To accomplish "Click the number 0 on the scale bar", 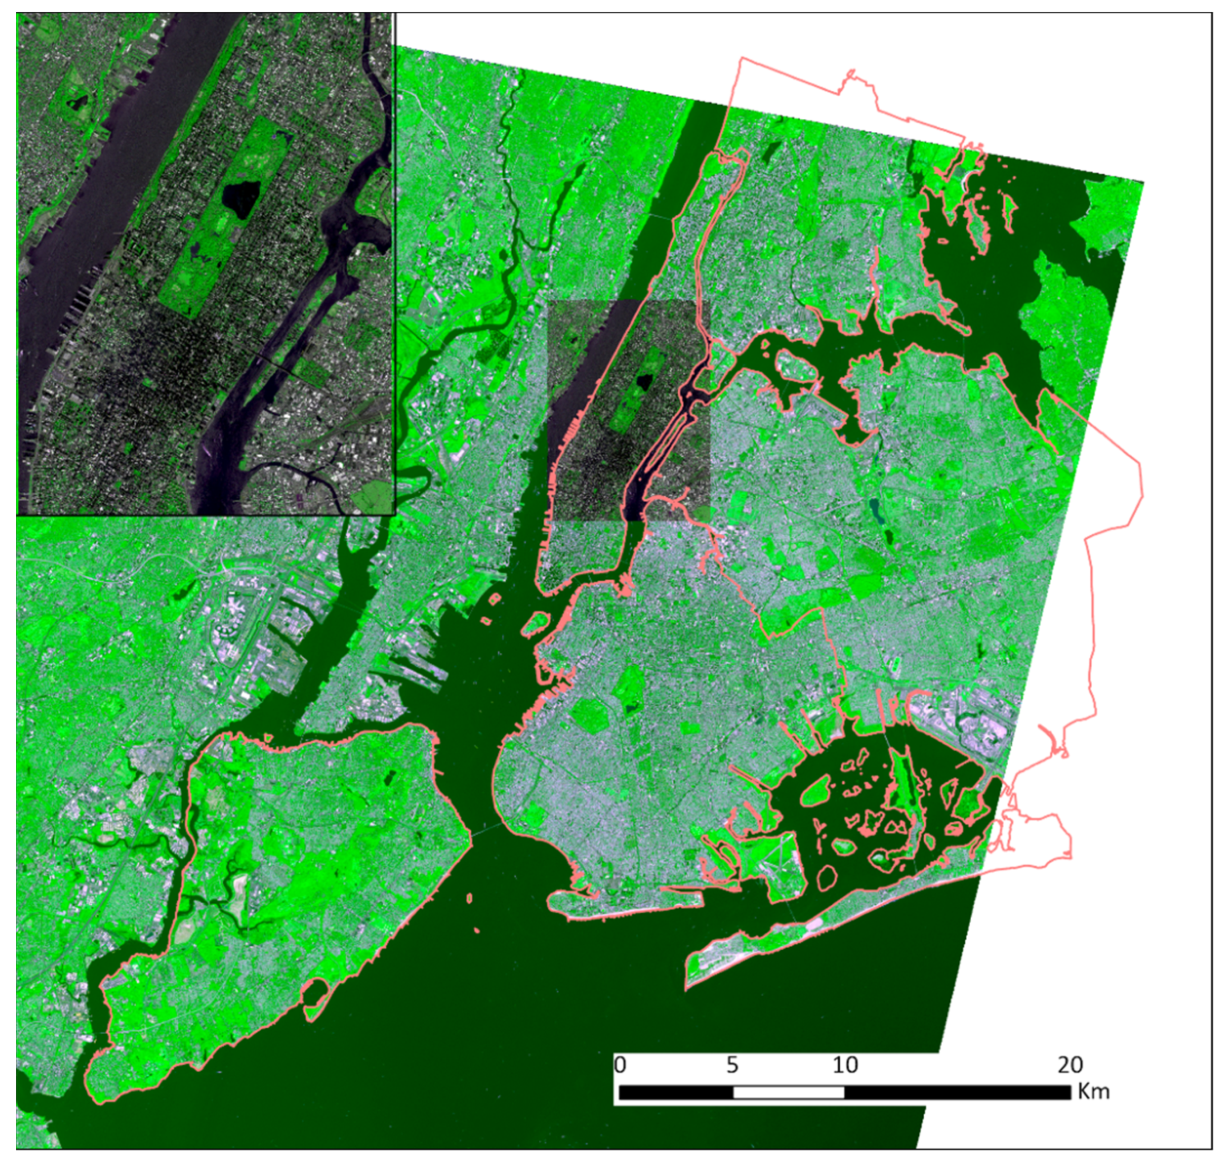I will click(x=620, y=1064).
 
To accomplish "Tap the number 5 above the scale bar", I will click(x=732, y=1064).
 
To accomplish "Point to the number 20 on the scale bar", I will click(x=1070, y=1064).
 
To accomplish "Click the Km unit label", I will click(x=1093, y=1091).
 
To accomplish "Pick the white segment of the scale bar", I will click(x=789, y=1092).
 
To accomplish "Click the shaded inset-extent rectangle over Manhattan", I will click(x=629, y=411).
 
